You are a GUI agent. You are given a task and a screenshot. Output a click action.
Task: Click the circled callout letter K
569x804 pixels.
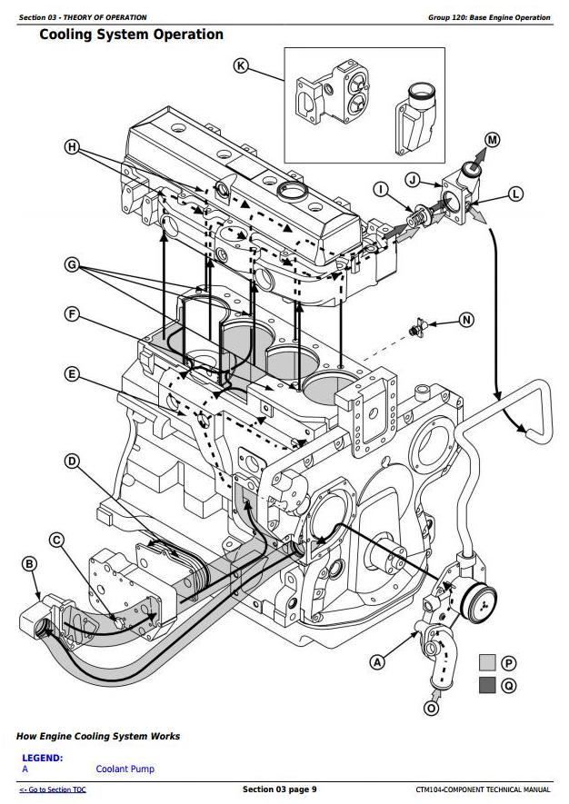(241, 65)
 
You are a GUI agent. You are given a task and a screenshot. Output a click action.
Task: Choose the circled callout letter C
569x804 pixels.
(56, 541)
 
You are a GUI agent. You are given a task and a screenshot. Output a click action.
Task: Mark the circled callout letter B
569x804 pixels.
(30, 564)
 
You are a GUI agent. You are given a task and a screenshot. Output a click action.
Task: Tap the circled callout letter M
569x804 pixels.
(492, 139)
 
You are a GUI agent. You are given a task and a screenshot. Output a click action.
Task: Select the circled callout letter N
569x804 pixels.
(467, 320)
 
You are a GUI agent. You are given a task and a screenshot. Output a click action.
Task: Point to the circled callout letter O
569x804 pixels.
(431, 707)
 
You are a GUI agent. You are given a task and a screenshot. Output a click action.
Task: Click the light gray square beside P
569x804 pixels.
(488, 663)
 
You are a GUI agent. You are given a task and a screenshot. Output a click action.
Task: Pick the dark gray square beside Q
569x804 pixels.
(488, 685)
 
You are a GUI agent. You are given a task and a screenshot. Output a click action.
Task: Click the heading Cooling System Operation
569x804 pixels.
(132, 35)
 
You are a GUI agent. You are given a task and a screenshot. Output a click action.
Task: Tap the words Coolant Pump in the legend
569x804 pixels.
(125, 769)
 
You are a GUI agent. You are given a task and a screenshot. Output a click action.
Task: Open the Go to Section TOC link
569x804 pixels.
(54, 789)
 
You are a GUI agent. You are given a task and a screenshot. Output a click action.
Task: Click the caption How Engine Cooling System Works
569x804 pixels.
(98, 736)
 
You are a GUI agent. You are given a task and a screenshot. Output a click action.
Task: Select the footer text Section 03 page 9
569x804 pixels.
(280, 789)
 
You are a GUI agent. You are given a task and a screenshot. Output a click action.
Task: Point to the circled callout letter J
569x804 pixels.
(413, 180)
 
